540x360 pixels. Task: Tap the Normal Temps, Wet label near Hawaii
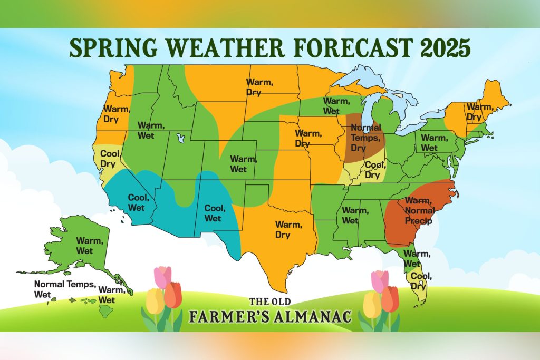[65, 289]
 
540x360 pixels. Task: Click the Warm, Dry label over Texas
[288, 230]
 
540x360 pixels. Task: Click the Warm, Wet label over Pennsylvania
[433, 143]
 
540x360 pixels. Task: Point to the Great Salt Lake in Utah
[181, 139]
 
